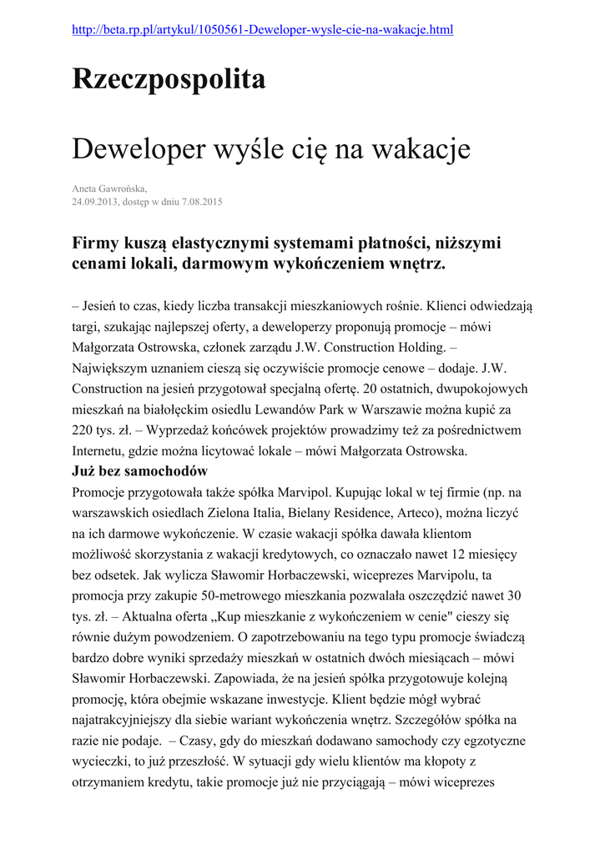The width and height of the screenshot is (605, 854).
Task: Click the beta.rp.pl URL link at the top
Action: pyautogui.click(x=263, y=30)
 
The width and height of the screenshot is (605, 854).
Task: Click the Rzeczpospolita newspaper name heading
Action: pyautogui.click(x=169, y=80)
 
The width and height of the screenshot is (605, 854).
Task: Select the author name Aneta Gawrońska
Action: pyautogui.click(x=109, y=189)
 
